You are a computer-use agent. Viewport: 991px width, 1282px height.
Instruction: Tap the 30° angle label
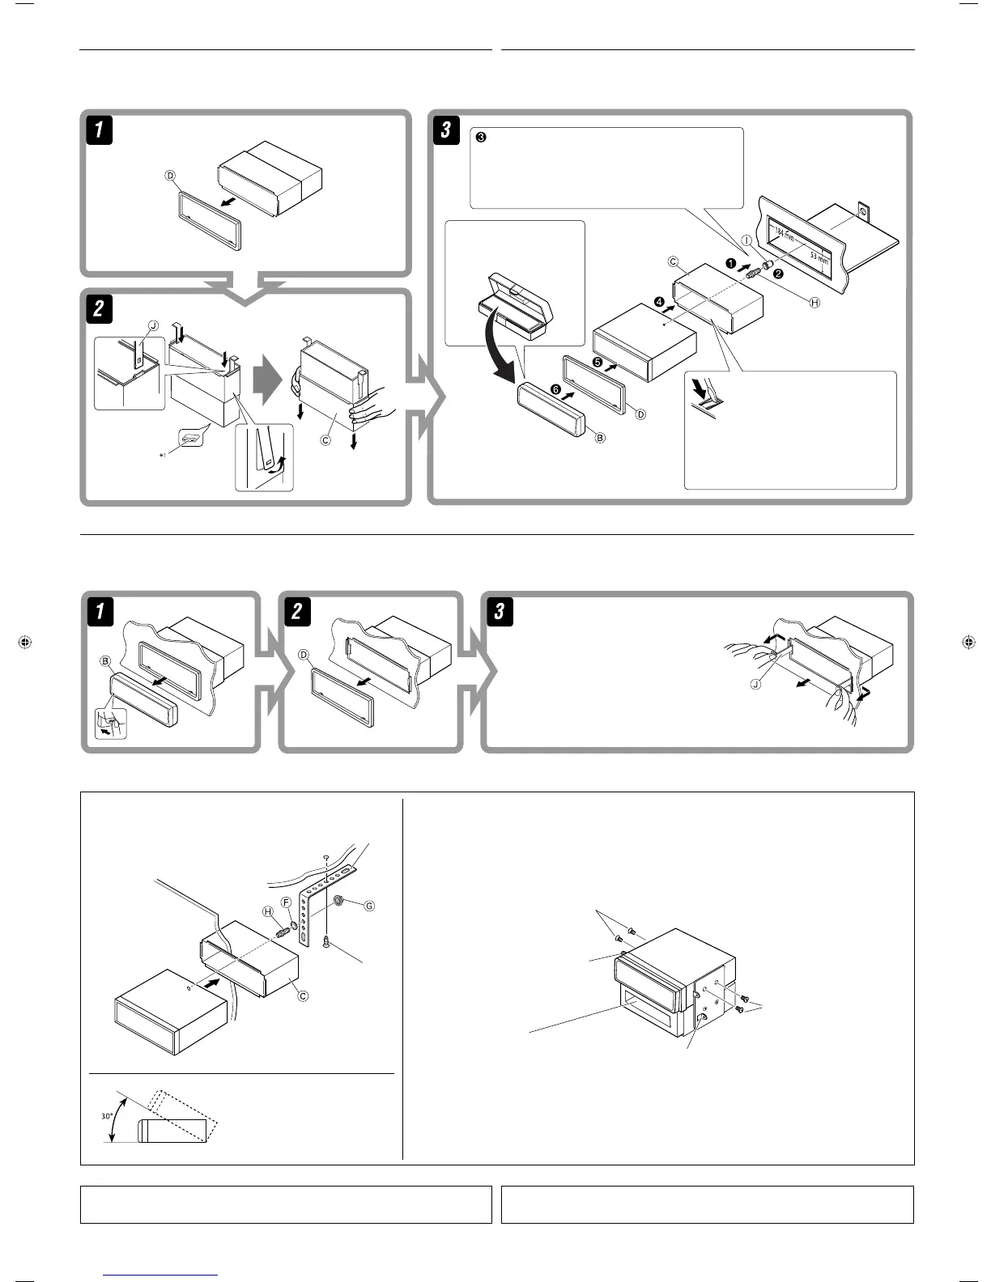coord(106,1116)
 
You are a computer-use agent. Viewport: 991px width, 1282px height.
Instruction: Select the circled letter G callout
coord(369,906)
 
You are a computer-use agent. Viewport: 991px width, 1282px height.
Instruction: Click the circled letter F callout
coord(286,902)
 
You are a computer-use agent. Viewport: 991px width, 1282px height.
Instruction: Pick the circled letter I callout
coord(746,240)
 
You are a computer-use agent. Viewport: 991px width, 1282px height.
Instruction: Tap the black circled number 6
coord(555,389)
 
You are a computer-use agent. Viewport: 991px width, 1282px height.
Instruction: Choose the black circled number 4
coord(660,302)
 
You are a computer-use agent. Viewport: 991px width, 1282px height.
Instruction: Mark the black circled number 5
coord(598,362)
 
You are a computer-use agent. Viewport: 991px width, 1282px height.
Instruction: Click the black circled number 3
coord(480,138)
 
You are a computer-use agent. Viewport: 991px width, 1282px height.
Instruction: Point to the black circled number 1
coord(730,264)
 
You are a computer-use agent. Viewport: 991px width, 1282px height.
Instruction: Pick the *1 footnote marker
coord(164,456)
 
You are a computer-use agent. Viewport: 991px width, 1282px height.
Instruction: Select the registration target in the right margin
coord(968,643)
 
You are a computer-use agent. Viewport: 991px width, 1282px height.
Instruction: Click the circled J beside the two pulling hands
coord(755,684)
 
